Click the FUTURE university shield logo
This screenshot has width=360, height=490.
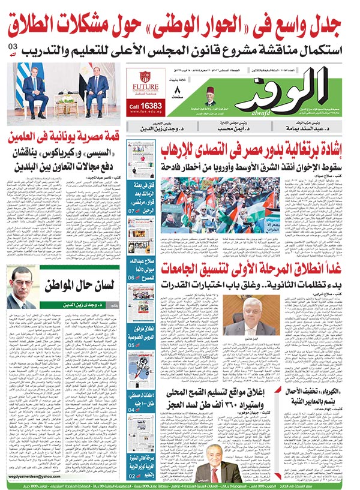(x=145, y=77)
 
